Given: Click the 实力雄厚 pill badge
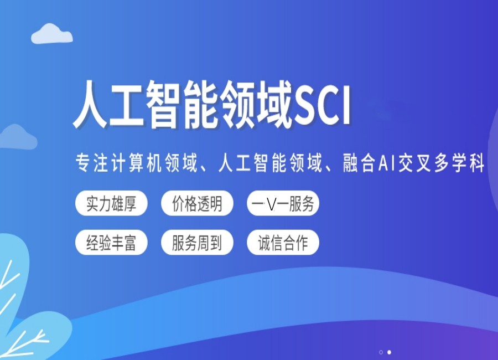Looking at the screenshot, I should tap(111, 204).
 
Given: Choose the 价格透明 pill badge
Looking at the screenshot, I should tap(197, 204).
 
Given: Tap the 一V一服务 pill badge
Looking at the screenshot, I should tap(283, 204).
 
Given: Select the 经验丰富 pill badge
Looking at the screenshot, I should tap(111, 243).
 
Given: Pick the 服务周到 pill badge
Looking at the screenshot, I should tap(197, 243).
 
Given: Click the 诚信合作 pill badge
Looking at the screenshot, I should tap(283, 243).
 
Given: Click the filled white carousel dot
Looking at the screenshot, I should tap(389, 352).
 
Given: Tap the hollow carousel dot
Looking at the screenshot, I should tap(381, 352).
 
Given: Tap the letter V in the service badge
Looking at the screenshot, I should tap(271, 204).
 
